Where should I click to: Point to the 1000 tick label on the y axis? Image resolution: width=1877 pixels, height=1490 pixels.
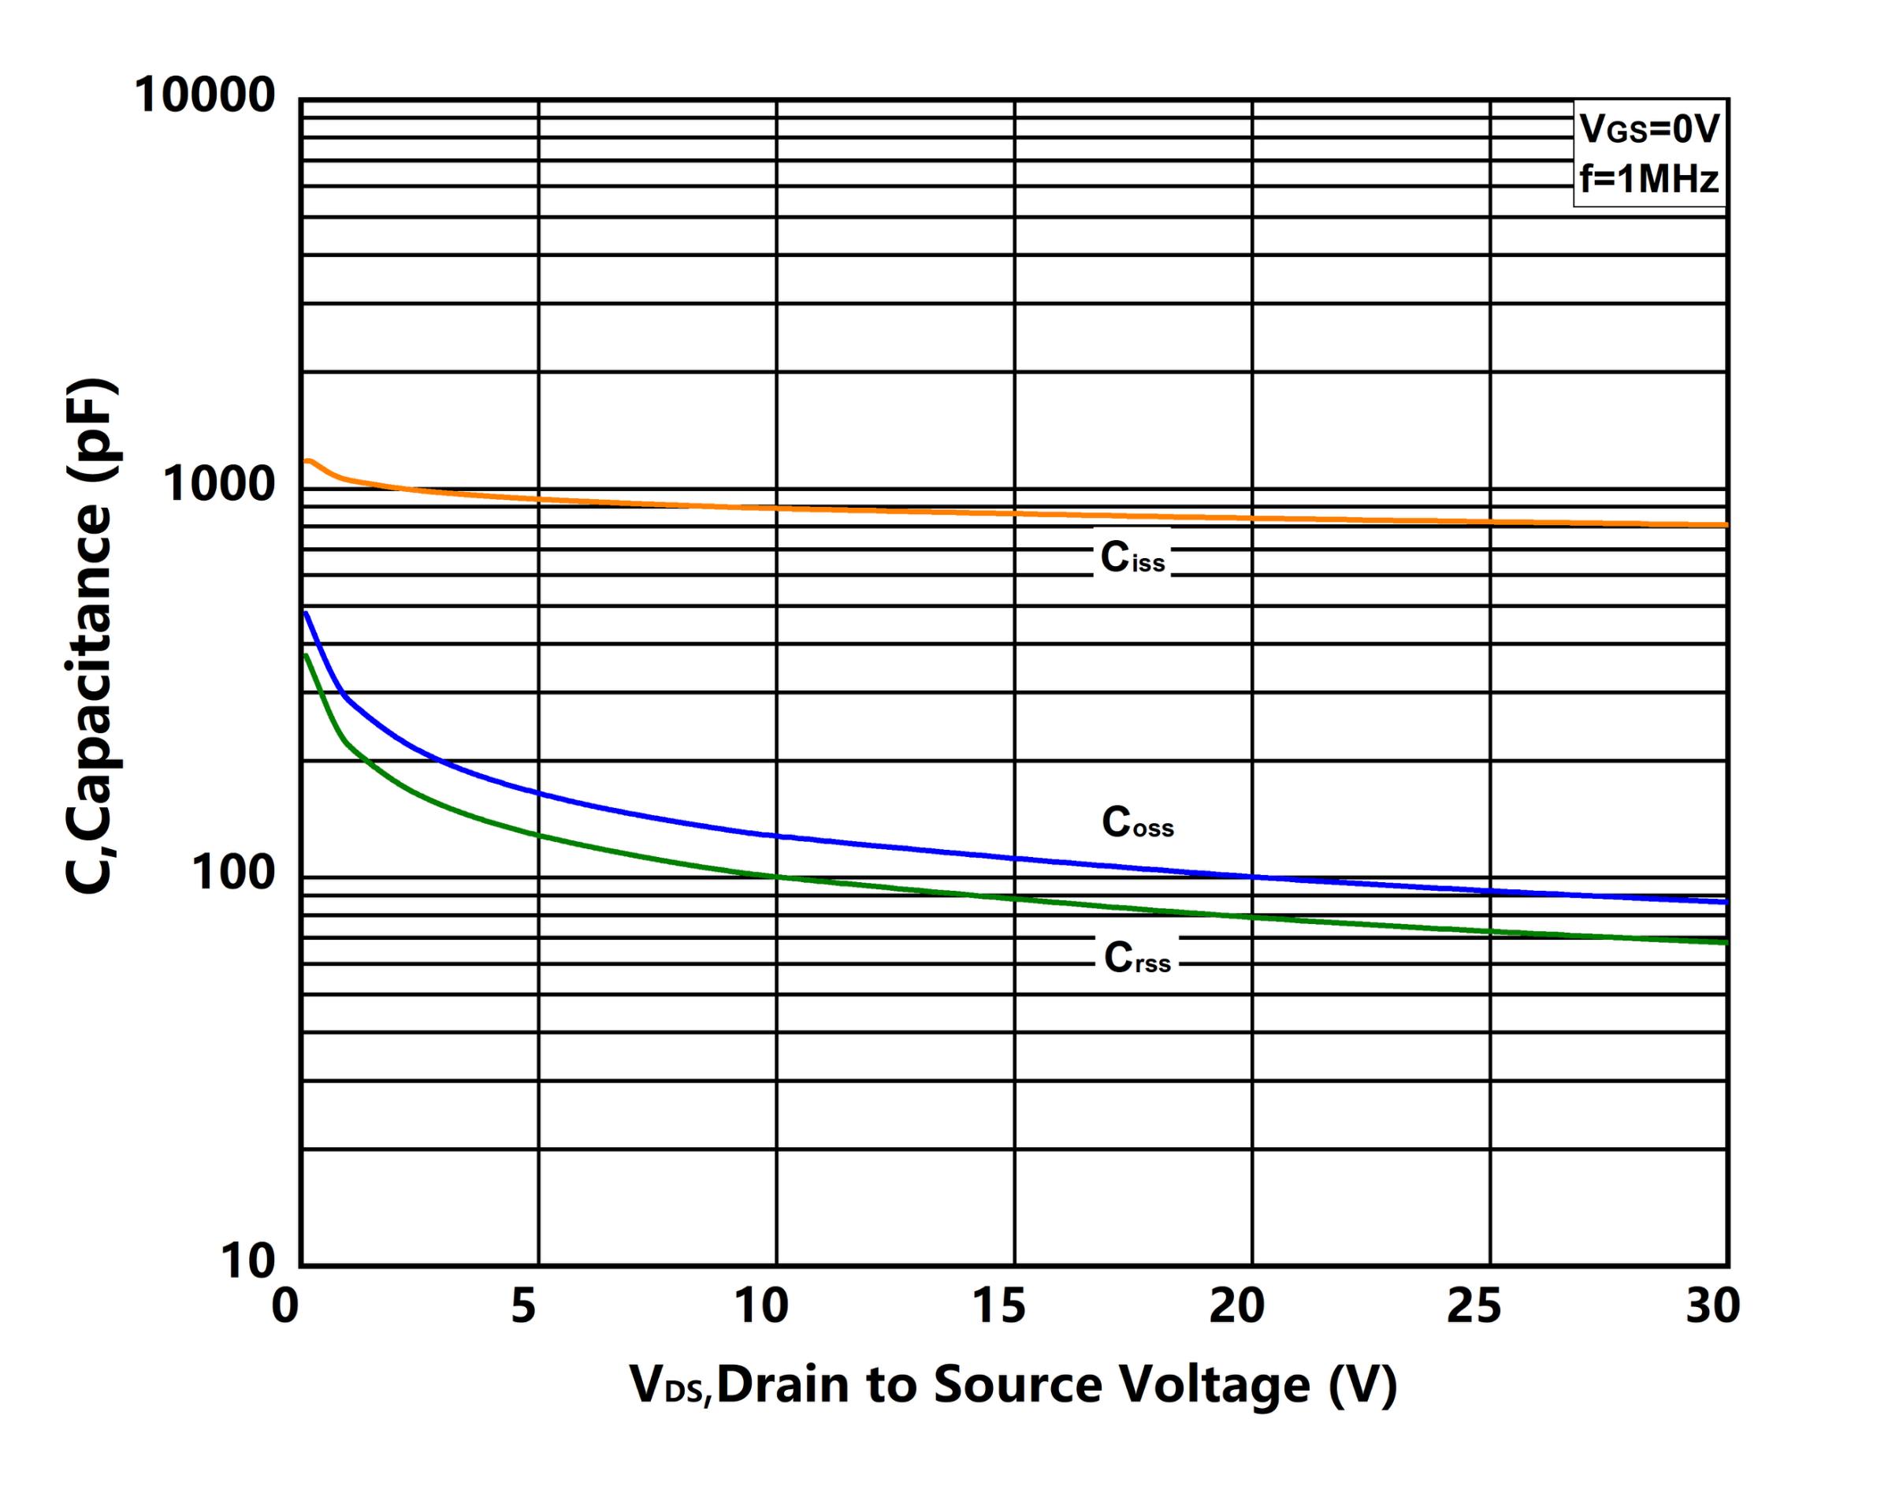tap(218, 484)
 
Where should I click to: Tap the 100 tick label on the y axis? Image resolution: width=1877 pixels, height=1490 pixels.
tap(233, 873)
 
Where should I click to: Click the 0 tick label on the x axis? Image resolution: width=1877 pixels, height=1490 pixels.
tap(284, 1306)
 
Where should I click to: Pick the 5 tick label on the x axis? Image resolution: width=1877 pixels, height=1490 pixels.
tap(523, 1306)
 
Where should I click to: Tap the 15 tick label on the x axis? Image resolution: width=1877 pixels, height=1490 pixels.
tap(998, 1306)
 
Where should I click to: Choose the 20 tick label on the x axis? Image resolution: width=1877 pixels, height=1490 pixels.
tap(1236, 1306)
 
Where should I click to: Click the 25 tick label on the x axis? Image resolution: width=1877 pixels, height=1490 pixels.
tap(1474, 1306)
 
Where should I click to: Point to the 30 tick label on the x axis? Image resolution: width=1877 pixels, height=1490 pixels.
tap(1712, 1306)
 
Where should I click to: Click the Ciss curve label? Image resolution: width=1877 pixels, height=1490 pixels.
tap(1132, 558)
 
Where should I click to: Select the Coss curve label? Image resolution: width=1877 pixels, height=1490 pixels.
tap(1137, 822)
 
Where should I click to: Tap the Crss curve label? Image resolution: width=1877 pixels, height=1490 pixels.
tap(1136, 958)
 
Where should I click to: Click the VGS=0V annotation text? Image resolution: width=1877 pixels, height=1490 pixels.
tap(1649, 130)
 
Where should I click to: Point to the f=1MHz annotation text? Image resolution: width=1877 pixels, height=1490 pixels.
tap(1649, 180)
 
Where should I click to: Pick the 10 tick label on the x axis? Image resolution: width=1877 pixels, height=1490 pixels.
tap(761, 1306)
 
